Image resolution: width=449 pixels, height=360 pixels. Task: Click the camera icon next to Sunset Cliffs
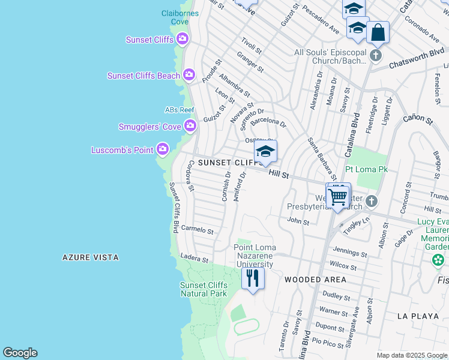click(182, 40)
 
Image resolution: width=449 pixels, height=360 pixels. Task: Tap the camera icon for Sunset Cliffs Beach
click(189, 75)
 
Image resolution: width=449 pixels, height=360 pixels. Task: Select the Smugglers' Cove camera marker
click(190, 125)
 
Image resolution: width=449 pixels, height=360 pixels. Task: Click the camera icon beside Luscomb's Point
click(163, 149)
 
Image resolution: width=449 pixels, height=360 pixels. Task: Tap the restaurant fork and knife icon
click(253, 278)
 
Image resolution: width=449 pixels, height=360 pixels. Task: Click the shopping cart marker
click(339, 196)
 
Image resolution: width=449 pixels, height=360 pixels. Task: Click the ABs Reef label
click(180, 110)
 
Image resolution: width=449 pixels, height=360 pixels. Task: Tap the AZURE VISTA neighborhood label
click(91, 257)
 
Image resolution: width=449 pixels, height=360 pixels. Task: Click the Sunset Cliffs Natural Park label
click(204, 289)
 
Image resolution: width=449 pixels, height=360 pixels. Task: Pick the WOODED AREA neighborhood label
click(315, 280)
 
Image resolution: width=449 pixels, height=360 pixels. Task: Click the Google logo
click(20, 353)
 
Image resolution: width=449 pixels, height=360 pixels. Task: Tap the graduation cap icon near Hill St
click(265, 152)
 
